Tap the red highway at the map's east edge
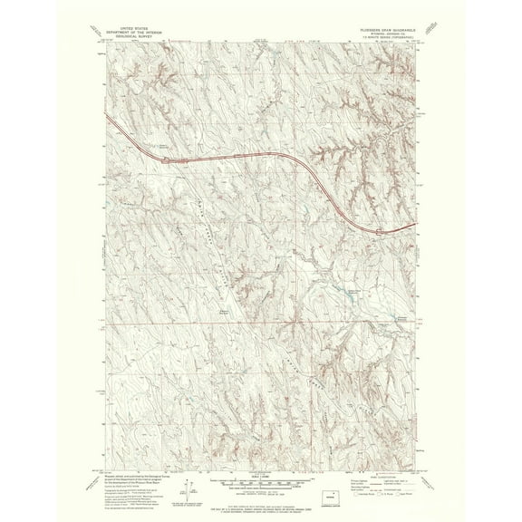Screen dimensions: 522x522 point(412,225)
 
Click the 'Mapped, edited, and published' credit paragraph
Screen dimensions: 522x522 point(127,474)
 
